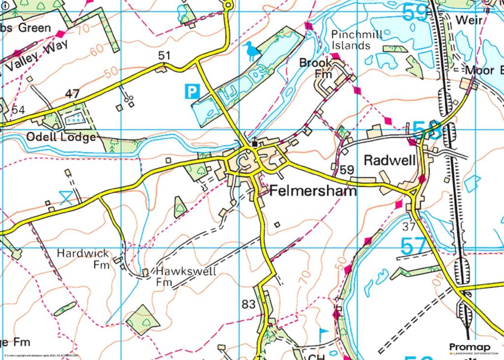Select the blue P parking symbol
[192, 91]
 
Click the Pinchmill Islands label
[350, 40]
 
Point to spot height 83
[249, 304]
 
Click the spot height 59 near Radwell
[346, 170]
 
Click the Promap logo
[473, 349]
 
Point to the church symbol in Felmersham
[254, 143]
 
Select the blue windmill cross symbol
[65, 198]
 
